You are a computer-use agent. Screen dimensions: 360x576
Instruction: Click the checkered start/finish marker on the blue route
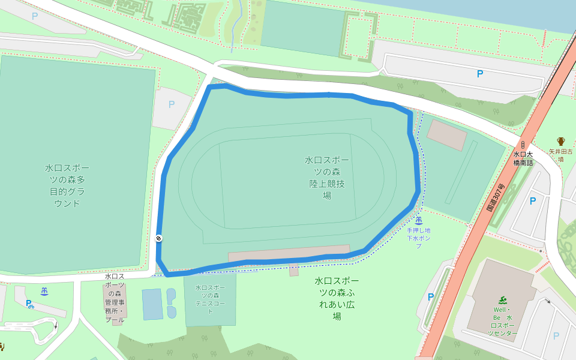(x=158, y=238)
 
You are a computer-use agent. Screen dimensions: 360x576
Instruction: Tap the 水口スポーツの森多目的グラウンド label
(x=68, y=185)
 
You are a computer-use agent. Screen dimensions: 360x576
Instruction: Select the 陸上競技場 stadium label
(x=327, y=178)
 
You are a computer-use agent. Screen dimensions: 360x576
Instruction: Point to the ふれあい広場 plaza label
(x=337, y=298)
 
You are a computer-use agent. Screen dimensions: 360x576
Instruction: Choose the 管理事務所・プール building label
(x=115, y=298)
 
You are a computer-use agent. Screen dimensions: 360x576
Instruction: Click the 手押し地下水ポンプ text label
(x=418, y=238)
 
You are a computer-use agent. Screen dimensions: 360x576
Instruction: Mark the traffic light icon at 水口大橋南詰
(x=523, y=145)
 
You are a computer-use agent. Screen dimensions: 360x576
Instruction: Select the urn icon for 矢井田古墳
(x=561, y=142)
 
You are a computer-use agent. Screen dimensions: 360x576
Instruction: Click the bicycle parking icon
(x=29, y=304)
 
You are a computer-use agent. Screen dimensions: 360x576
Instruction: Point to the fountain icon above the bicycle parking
(x=44, y=292)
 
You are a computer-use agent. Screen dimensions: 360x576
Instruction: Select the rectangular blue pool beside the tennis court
(x=152, y=304)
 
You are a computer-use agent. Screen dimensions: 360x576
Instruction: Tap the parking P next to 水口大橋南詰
(x=532, y=202)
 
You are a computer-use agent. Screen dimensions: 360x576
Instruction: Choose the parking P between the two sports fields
(x=172, y=104)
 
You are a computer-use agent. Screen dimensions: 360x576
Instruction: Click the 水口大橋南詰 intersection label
(x=523, y=158)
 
